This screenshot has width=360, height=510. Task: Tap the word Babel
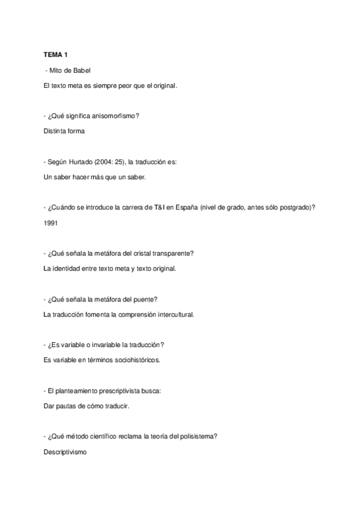[81, 70]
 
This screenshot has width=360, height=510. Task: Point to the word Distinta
[55, 131]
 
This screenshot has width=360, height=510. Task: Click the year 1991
[52, 223]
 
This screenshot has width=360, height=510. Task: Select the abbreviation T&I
[159, 207]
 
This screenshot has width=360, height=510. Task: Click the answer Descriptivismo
[66, 452]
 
